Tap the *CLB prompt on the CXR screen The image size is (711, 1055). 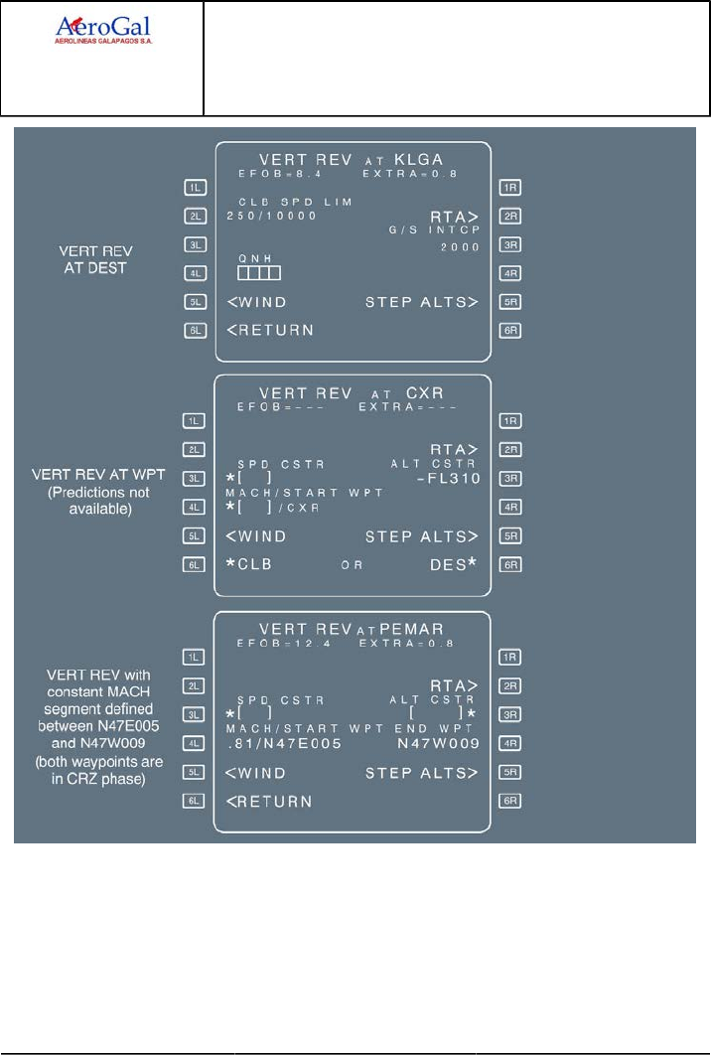[249, 563]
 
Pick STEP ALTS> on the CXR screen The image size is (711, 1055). [422, 536]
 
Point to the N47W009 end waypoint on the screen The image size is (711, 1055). [438, 743]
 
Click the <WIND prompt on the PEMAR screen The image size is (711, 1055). [256, 772]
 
